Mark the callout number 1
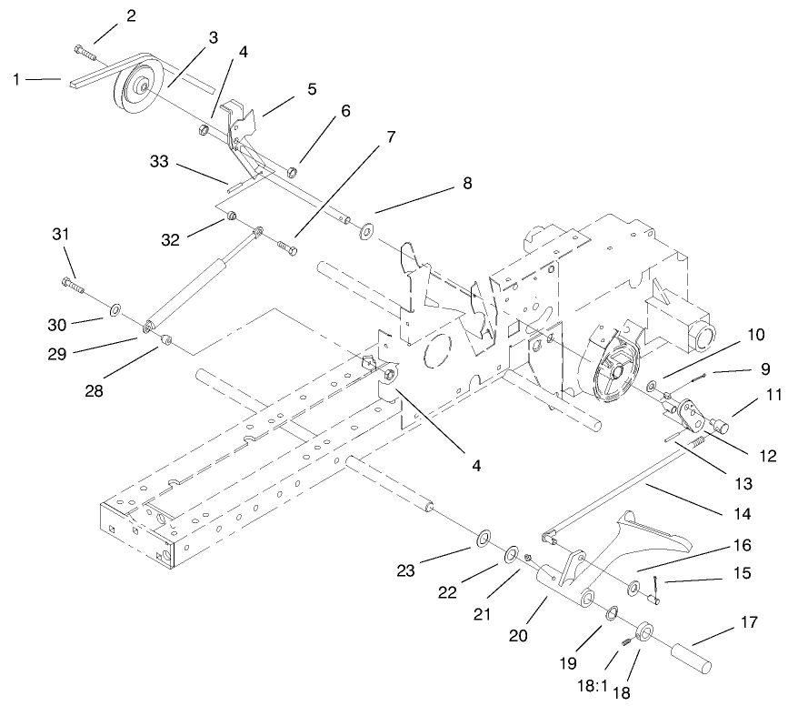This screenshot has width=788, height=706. coord(17,80)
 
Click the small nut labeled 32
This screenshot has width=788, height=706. coord(233,216)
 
